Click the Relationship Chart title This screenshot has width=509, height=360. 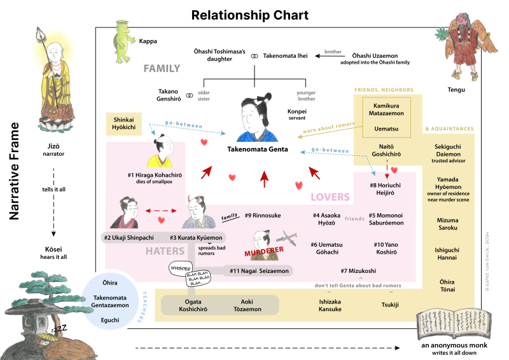pyautogui.click(x=250, y=15)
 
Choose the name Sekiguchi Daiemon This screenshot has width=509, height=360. pyautogui.click(x=448, y=150)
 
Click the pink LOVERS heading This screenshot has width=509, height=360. pyautogui.click(x=330, y=197)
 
